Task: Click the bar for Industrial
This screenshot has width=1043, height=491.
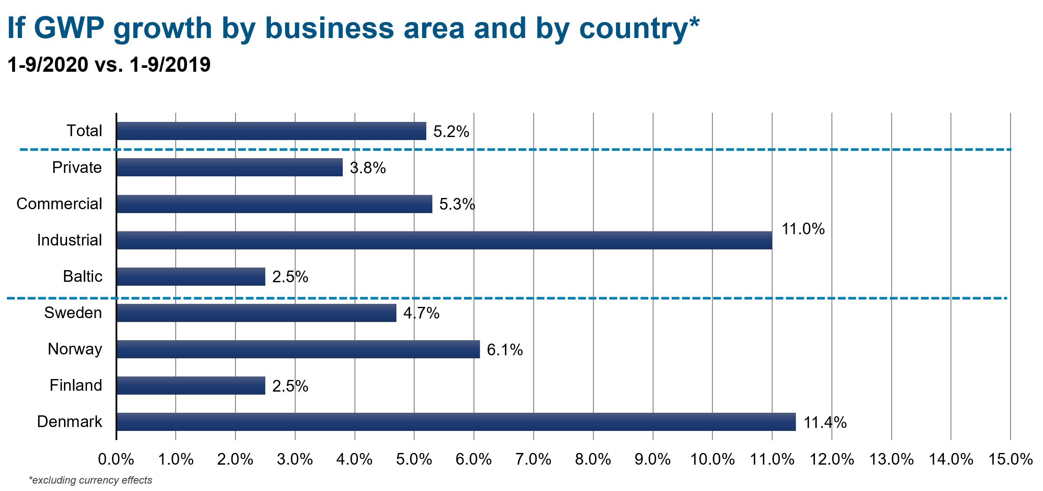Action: pos(444,240)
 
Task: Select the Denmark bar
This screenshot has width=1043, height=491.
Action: pos(456,422)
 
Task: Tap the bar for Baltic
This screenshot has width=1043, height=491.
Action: pos(191,277)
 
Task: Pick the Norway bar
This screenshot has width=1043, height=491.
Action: pos(298,349)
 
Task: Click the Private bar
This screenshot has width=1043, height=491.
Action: pos(229,168)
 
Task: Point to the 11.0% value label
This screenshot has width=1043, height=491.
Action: pos(803,229)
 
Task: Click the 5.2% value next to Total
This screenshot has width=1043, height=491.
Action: pos(451,131)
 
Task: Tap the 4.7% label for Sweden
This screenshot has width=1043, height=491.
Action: pos(421,313)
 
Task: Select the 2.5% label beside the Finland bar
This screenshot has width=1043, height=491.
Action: pos(290,386)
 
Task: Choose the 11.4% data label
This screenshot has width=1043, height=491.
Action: pos(825,422)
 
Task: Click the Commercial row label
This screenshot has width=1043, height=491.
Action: pos(59,204)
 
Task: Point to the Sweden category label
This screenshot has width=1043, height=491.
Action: pos(73,312)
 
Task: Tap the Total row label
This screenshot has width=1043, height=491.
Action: pos(84,131)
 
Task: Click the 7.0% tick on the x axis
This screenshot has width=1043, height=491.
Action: pos(533,459)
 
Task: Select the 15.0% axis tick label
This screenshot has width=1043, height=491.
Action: pos(1010,459)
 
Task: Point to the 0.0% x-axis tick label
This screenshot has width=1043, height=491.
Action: pos(116,459)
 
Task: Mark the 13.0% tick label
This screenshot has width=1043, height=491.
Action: pos(891,459)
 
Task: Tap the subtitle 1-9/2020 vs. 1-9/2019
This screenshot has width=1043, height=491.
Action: pos(109,65)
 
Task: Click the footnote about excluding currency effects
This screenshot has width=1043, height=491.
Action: pos(90,480)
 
